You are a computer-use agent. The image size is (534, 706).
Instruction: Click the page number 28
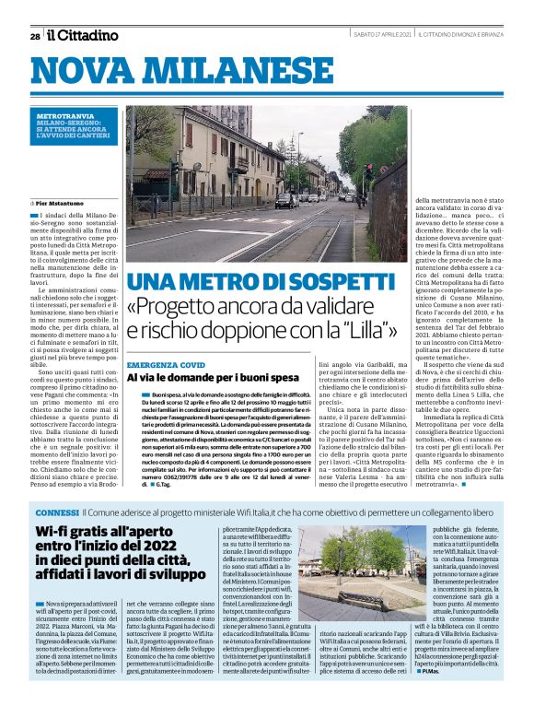coord(35,36)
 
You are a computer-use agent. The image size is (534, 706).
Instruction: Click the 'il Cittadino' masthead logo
coord(84,35)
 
